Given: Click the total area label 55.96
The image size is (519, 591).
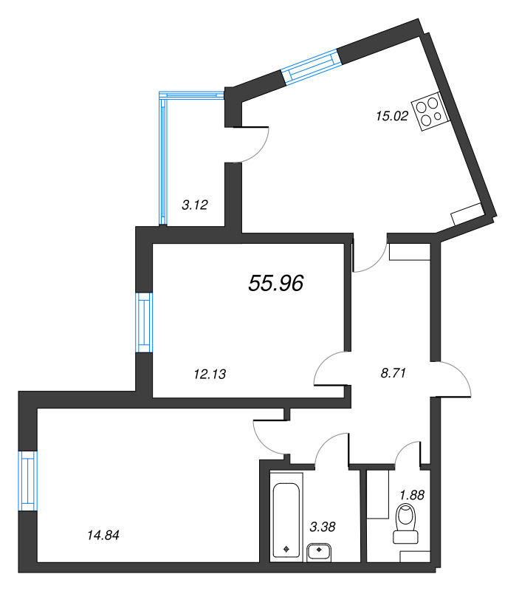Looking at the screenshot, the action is [275, 283].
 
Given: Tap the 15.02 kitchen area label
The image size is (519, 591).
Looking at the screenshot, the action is [392, 116].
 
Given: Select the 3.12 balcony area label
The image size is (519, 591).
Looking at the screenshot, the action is [195, 205].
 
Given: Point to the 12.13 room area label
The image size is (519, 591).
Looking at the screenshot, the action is [210, 374].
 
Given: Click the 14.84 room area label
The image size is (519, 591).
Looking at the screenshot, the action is [103, 535].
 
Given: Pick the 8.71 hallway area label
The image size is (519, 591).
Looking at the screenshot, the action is [393, 373].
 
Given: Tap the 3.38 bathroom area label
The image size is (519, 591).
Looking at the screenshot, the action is [323, 527].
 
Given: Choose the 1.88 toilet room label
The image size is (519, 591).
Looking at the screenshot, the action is [412, 494].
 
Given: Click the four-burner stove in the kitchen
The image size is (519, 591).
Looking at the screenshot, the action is [430, 112].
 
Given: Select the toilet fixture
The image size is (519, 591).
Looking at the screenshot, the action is [406, 525].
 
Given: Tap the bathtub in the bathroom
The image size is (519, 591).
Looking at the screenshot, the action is [286, 521].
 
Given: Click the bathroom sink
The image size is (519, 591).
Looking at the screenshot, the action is [319, 553].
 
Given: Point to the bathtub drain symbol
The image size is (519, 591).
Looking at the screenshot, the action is [286, 549].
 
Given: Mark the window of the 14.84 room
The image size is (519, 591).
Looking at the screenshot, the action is [28, 481].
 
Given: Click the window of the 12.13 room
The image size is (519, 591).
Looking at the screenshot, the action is [144, 323].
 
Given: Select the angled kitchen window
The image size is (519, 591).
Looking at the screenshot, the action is [311, 67].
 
